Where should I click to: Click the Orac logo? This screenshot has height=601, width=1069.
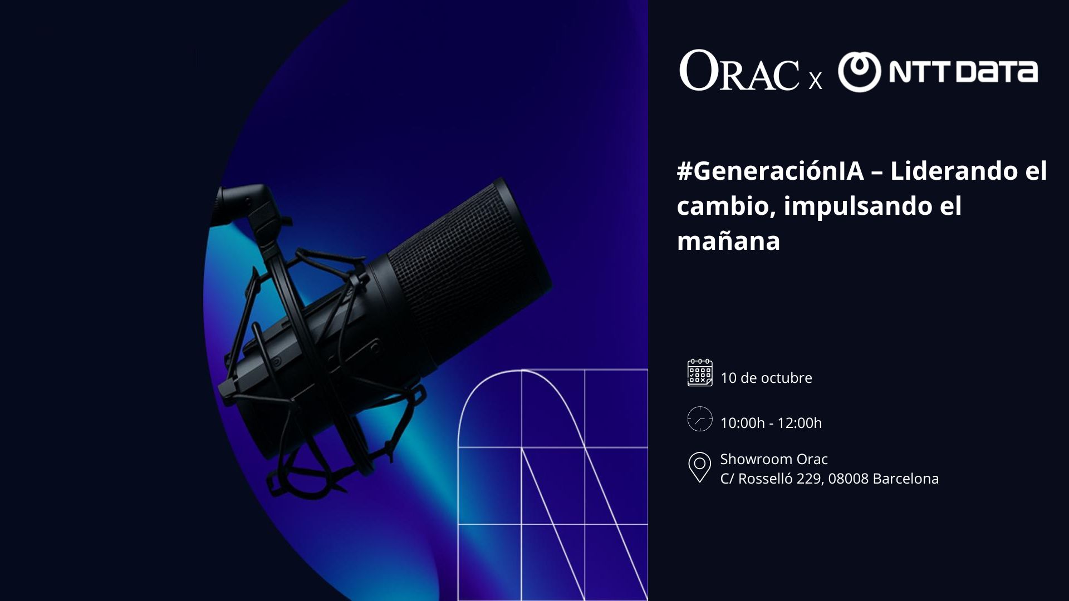pyautogui.click(x=739, y=71)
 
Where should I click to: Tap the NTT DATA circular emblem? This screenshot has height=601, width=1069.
pyautogui.click(x=859, y=72)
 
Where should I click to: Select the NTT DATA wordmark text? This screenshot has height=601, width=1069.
pyautogui.click(x=963, y=72)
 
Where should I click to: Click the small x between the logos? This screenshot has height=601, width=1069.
pyautogui.click(x=815, y=81)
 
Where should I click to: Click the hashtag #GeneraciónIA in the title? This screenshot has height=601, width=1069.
pyautogui.click(x=770, y=171)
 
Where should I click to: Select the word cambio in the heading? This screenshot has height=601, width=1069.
pyautogui.click(x=726, y=206)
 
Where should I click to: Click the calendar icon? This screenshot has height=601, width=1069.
pyautogui.click(x=700, y=373)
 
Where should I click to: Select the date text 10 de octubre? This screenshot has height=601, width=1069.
pyautogui.click(x=766, y=378)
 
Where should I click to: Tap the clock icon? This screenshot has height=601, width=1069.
pyautogui.click(x=700, y=419)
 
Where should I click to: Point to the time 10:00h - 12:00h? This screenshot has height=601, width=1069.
pyautogui.click(x=771, y=423)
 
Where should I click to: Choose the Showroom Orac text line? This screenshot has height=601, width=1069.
pyautogui.click(x=774, y=459)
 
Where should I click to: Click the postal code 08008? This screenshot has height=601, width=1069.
pyautogui.click(x=849, y=479)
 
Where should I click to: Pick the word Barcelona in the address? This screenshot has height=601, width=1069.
pyautogui.click(x=906, y=479)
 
